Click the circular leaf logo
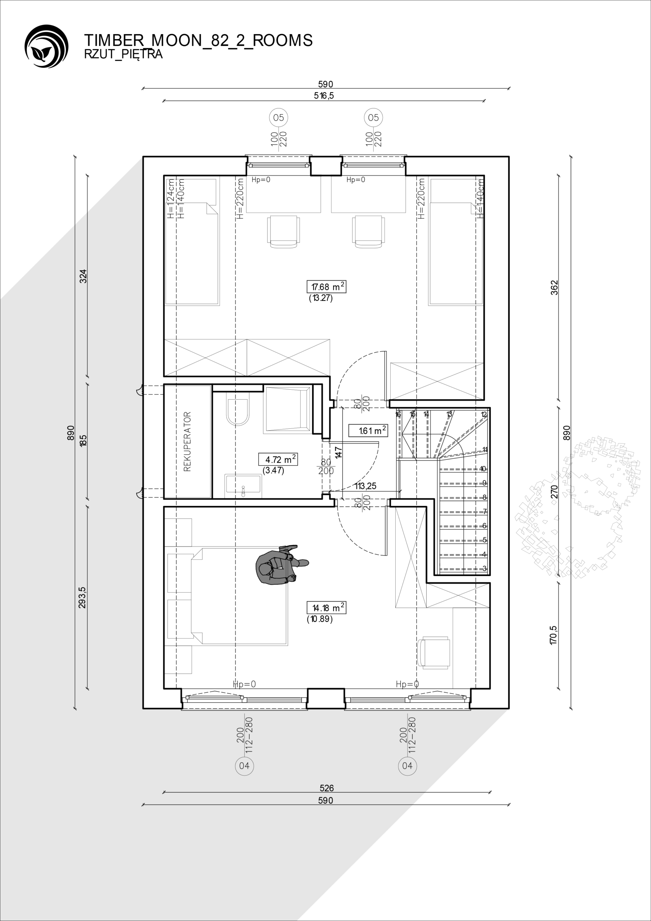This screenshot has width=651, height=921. pos(46,46)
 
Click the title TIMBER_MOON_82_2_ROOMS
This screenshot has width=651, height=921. pos(198,41)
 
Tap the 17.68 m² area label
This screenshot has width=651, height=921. pos(326,287)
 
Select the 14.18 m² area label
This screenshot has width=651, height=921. pos(326,608)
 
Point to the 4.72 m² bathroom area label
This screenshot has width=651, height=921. pos(278,459)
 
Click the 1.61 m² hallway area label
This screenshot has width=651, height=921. pos(368,431)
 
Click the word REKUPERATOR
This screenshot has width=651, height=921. pos(187,441)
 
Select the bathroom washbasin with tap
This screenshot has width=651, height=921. pos(243,486)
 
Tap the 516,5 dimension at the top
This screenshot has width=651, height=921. pos(324,95)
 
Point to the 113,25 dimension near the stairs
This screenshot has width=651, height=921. pos(365,486)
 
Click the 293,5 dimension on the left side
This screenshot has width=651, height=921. pos(82,598)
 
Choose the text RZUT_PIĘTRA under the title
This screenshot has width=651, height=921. pos(123,54)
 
